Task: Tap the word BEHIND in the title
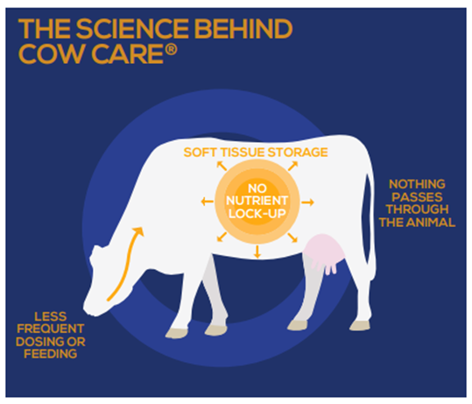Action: [244, 29]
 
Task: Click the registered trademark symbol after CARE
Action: [171, 49]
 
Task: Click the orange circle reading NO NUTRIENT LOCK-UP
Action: [257, 202]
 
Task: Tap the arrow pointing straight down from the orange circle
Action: [257, 252]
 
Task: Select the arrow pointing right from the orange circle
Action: [307, 202]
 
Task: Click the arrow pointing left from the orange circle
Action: [207, 202]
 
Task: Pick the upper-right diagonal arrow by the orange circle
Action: [292, 166]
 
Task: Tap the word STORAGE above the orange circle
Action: [298, 152]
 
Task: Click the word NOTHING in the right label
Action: [417, 184]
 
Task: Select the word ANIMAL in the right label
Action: [433, 223]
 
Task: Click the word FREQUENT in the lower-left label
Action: [51, 329]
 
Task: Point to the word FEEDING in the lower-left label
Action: [51, 354]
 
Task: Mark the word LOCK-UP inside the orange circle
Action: [257, 214]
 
